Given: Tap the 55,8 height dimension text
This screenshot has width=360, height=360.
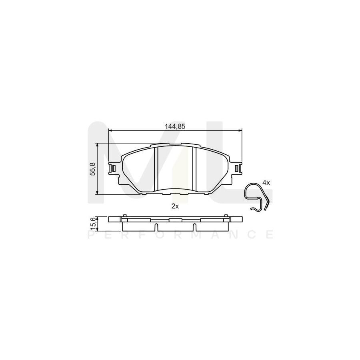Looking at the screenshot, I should tap(93, 169).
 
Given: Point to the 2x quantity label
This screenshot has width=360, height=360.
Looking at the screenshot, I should tap(174, 206).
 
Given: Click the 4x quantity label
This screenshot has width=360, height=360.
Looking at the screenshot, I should tap(266, 182).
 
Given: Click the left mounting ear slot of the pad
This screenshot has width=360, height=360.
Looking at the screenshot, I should tap(114, 168).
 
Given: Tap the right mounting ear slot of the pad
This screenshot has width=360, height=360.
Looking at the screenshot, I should tap(238, 168).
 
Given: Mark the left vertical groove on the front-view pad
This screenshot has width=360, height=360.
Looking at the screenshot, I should tap(156, 168).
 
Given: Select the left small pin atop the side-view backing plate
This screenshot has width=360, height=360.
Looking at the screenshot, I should tap(125, 216).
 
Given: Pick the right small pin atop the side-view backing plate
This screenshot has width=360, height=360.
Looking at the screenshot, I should tap(226, 216).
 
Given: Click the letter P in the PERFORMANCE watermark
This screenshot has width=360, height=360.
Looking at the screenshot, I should tap(90, 235).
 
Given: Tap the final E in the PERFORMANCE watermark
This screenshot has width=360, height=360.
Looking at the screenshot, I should tap(270, 235).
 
